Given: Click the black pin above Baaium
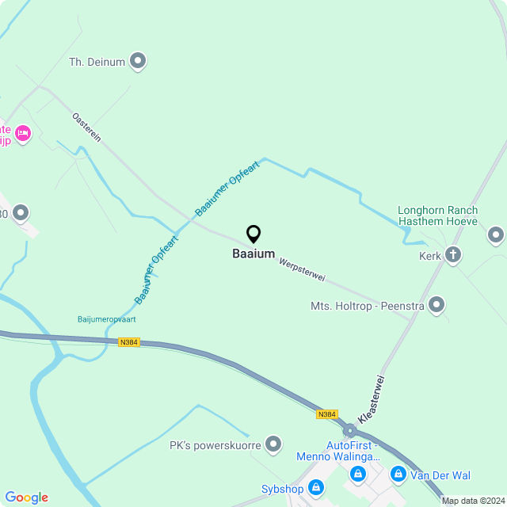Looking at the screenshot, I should point(253,234).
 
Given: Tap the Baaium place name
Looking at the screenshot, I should point(253,254).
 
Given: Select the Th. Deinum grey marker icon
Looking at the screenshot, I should point(138,60).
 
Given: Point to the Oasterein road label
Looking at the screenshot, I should point(86,127).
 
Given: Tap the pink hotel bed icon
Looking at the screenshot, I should point(22,132).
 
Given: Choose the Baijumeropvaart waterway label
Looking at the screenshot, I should point(107,319).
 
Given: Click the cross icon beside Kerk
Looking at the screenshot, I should point(453,255).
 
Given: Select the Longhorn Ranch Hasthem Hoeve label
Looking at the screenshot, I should point(437,215).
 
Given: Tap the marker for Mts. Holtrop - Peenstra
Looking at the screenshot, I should point(436,305).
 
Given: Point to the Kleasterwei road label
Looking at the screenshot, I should point(375,398).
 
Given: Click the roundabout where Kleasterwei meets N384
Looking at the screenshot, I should point(349,431).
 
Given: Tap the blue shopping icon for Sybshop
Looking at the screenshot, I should point(316,487).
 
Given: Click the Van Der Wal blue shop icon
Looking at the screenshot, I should point(398,475).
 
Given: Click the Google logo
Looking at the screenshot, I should point(26,497).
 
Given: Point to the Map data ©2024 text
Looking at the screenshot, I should point(473,501).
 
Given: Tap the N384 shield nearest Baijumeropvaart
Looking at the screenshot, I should point(128,342).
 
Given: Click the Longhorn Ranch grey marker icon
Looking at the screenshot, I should point(496,234).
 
